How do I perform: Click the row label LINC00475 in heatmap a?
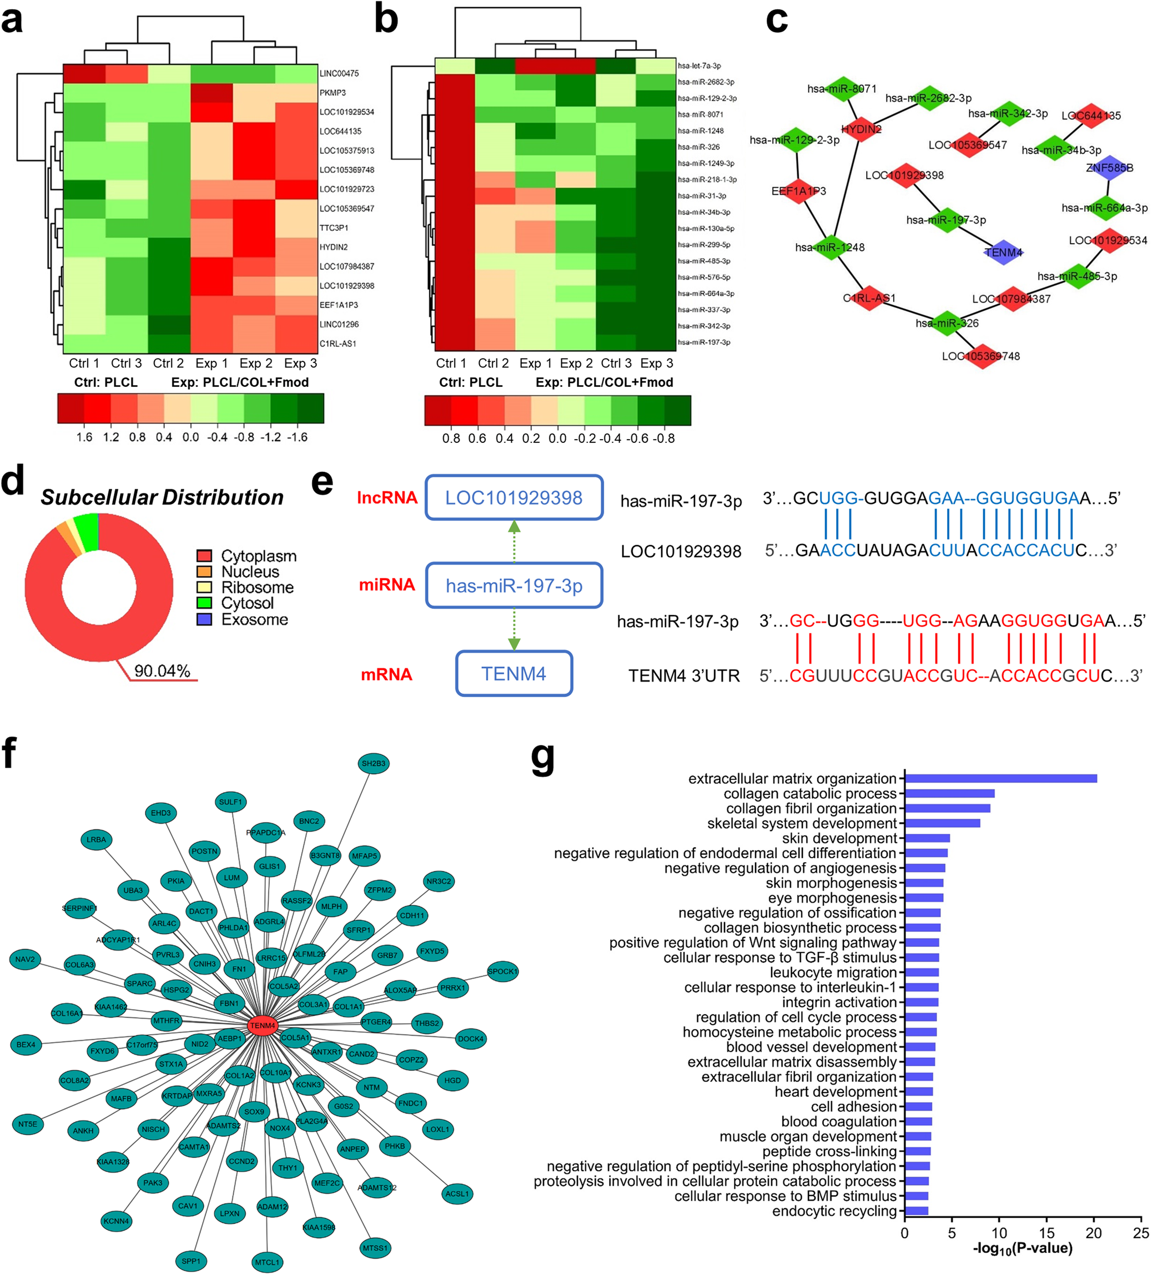tap(339, 73)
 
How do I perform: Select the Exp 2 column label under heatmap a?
tap(255, 363)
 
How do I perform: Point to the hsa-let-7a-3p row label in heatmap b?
tap(698, 65)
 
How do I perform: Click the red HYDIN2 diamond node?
tap(861, 129)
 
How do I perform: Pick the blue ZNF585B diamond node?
tap(1109, 168)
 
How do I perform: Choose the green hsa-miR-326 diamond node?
tap(947, 323)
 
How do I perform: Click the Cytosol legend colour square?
tap(204, 603)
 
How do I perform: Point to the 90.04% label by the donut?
tap(162, 671)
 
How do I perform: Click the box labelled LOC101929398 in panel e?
tap(514, 498)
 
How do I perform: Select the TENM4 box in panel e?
tap(514, 673)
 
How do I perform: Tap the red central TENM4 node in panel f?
tap(262, 1025)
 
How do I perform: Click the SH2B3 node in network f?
tap(373, 763)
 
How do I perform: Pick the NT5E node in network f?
tap(27, 1124)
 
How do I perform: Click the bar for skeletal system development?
tap(942, 823)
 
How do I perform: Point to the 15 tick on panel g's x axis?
tap(1047, 1233)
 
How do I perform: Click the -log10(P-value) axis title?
tap(1022, 1248)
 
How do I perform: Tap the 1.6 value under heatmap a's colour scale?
tap(84, 437)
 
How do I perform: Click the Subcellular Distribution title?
tap(162, 497)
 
